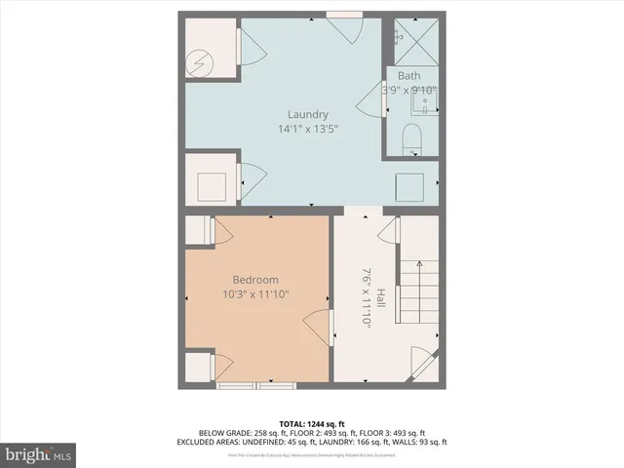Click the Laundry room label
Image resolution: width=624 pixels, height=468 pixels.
pos(307,114)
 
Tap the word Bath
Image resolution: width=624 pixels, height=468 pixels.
pos(409,76)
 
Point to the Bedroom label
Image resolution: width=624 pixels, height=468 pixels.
pos(255,279)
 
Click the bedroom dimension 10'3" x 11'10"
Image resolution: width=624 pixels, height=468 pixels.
pos(256,293)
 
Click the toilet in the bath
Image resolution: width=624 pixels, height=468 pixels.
pos(410,136)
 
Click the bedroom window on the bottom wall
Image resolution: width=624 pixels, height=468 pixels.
pos(255,386)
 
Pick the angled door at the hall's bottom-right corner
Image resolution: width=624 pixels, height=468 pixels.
pos(424,364)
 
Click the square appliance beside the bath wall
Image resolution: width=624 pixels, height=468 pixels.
pos(409,185)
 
